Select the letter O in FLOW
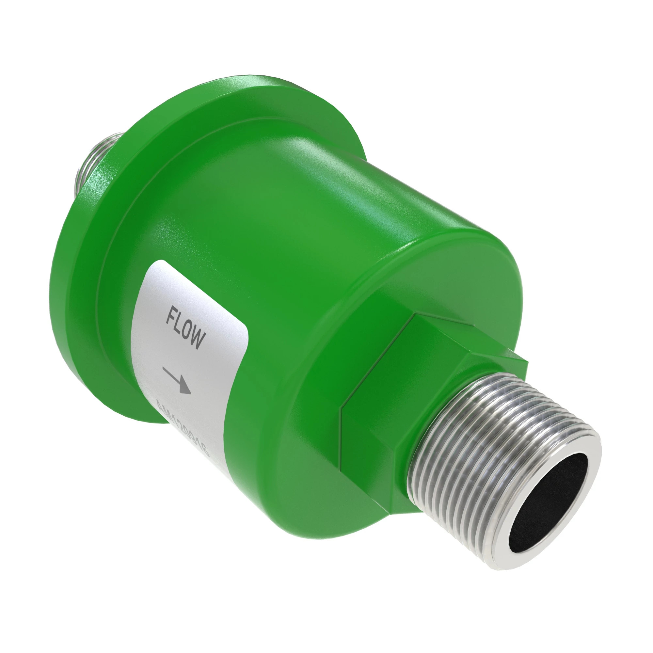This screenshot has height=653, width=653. click(188, 333)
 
